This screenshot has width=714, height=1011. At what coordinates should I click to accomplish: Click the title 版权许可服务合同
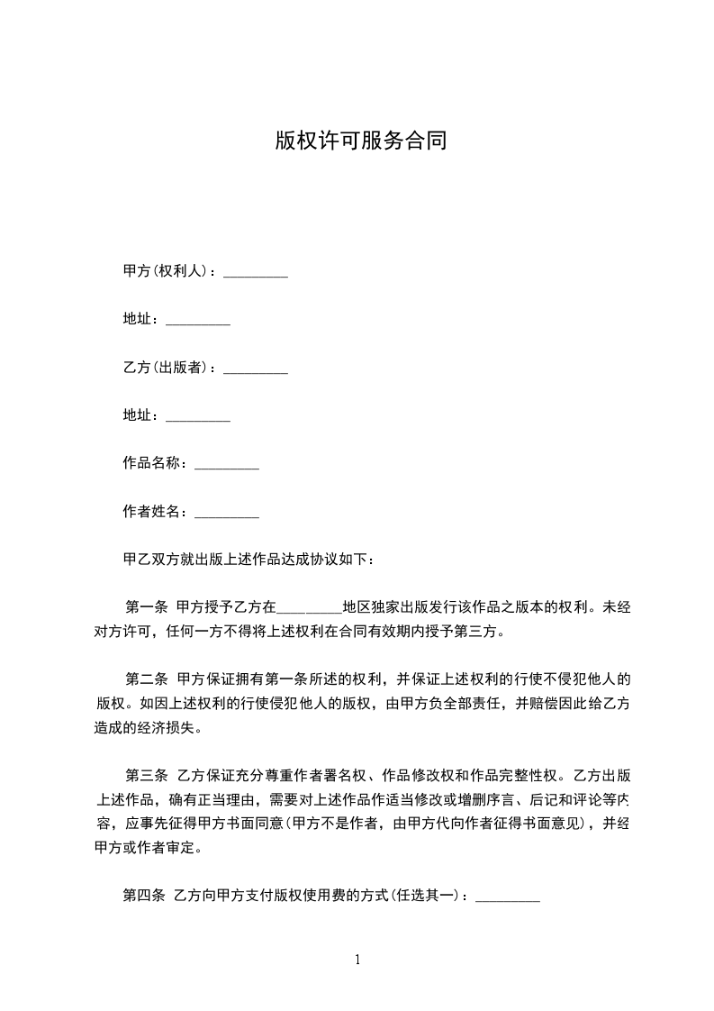[360, 141]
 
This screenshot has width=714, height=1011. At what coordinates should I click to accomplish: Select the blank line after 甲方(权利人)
[255, 274]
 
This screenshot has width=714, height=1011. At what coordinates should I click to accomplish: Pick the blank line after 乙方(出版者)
[255, 370]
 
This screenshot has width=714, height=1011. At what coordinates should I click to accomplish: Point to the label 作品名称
[153, 463]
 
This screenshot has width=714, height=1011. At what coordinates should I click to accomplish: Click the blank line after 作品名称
[227, 467]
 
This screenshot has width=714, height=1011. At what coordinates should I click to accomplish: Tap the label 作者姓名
[153, 512]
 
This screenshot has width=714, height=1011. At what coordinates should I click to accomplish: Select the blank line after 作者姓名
[227, 515]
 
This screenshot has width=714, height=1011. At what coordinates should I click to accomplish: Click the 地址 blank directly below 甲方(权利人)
[198, 323]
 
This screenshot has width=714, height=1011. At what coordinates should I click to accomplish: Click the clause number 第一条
[145, 606]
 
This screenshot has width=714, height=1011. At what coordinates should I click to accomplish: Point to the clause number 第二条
[145, 679]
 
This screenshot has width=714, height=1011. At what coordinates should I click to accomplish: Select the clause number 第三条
[145, 775]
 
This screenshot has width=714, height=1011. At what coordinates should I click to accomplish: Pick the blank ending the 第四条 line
[507, 898]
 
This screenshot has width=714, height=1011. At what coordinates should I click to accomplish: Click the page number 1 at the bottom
[357, 960]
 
